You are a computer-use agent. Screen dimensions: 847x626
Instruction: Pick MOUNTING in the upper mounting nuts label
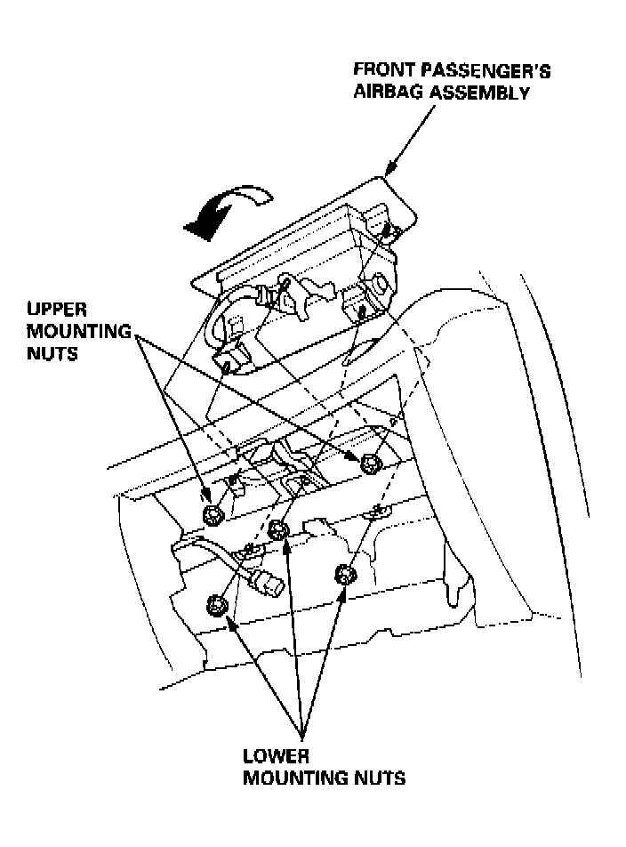pyautogui.click(x=70, y=331)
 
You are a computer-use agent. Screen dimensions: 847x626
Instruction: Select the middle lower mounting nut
pyautogui.click(x=278, y=530)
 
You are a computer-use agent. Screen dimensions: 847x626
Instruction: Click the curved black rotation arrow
pyautogui.click(x=217, y=210)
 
